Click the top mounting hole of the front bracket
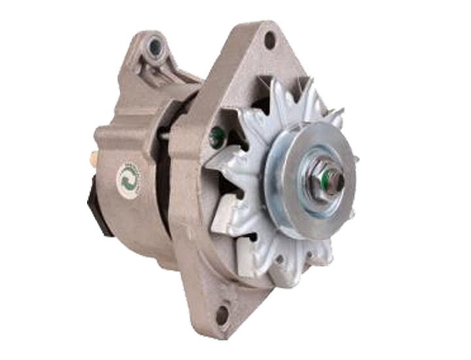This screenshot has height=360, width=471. [x=269, y=41]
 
